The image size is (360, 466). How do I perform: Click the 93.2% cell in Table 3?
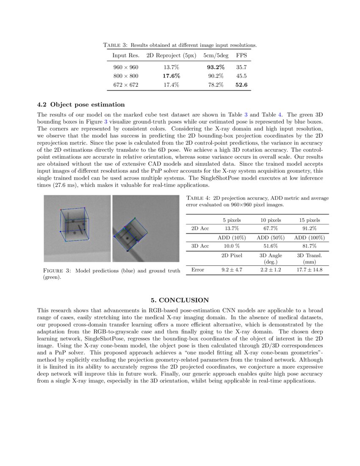216,67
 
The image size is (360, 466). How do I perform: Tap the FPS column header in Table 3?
241,55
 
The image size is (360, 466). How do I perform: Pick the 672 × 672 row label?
126,85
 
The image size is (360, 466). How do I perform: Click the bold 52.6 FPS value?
241,85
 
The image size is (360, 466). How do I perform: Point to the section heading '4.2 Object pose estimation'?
81,105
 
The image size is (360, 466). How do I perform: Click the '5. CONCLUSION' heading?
180,300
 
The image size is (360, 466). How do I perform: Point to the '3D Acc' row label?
200,246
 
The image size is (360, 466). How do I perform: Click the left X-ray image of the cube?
77,228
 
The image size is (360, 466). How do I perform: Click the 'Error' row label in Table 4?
198,270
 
